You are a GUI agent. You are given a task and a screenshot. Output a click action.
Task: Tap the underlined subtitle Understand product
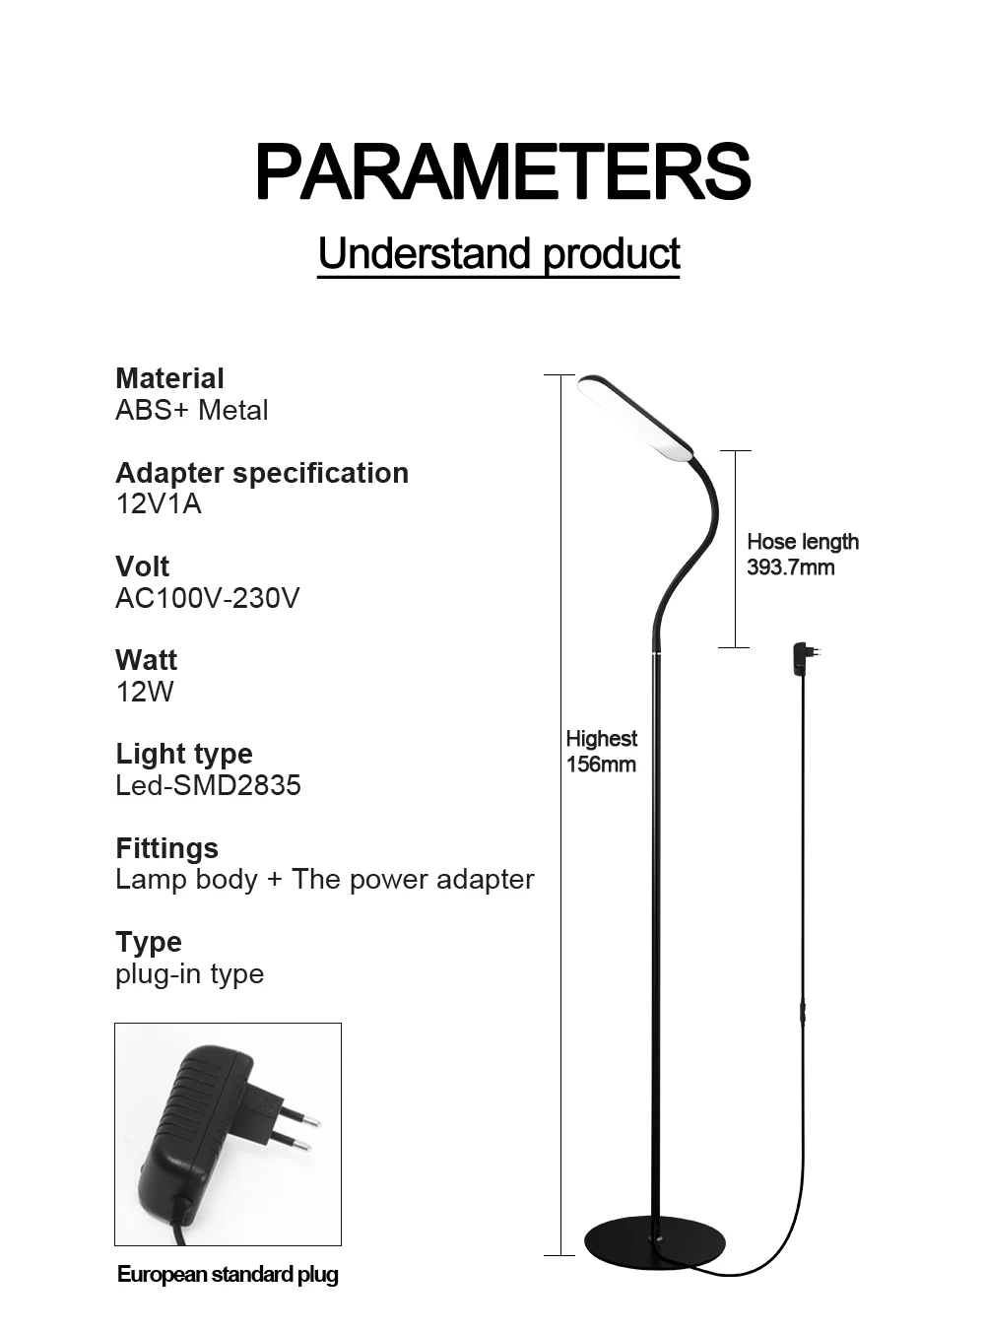pos(498,254)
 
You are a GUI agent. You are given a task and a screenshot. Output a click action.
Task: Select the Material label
pos(169,378)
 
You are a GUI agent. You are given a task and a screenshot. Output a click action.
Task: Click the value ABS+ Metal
pos(191,410)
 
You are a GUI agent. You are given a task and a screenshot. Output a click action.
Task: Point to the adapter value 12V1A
pos(158,503)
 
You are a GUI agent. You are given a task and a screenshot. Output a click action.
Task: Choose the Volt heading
pos(142,566)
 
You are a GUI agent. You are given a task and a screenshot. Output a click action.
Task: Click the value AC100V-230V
pos(207,598)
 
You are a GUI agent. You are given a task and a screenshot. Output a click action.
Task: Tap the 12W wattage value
pos(144,692)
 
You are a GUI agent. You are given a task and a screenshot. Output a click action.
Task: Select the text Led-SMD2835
pos(208,785)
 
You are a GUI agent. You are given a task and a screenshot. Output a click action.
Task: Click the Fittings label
pos(166,848)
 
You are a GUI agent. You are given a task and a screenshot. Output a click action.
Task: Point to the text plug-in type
pos(189,973)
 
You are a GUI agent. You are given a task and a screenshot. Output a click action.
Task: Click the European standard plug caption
pos(228,1274)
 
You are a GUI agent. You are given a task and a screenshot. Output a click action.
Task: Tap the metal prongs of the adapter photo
pos(295,1130)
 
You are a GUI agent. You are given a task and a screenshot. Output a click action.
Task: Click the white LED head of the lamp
pos(634,418)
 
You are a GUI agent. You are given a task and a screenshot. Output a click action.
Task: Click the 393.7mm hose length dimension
pos(790,567)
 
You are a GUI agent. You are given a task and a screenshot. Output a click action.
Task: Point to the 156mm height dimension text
pos(601,765)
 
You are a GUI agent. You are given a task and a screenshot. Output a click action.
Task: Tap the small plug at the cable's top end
pos(804,656)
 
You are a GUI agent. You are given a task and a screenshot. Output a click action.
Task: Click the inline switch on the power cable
pos(802,1015)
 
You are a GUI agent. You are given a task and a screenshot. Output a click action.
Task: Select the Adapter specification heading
pos(261,473)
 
